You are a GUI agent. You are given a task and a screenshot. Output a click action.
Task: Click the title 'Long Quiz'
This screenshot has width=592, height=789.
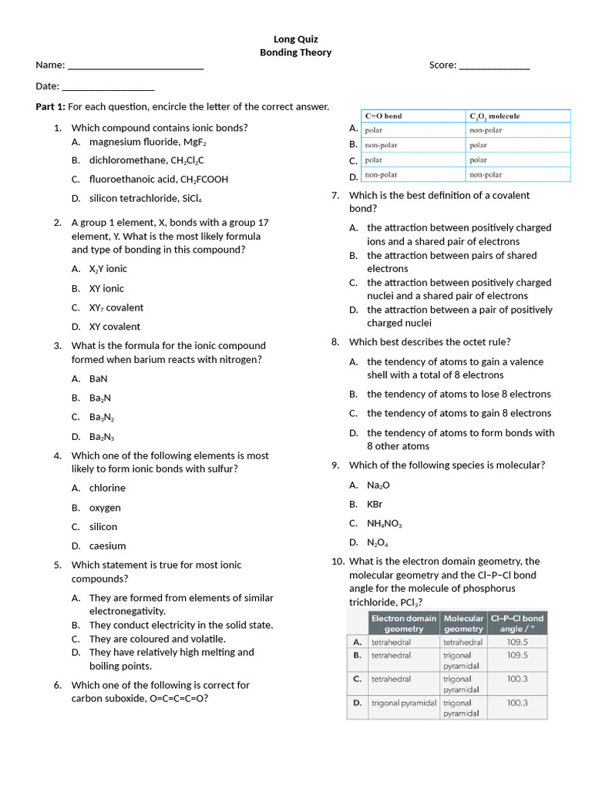(x=296, y=39)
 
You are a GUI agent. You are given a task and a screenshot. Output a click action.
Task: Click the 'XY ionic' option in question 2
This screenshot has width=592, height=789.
(x=106, y=288)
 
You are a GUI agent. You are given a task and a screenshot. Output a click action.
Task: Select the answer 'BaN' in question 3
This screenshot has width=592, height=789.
(x=99, y=378)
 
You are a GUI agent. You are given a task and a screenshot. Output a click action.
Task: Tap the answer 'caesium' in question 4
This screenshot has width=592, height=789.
(x=107, y=546)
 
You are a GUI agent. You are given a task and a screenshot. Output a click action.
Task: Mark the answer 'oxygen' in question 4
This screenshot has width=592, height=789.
(x=105, y=508)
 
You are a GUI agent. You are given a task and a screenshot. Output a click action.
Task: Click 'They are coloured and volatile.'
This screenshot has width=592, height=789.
(x=157, y=639)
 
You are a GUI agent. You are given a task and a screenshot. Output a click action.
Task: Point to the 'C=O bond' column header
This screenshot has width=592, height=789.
(x=384, y=116)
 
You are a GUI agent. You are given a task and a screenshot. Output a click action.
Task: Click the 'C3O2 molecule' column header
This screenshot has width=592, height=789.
(x=495, y=116)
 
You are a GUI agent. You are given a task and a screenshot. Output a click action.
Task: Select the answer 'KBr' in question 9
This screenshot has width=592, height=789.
(x=375, y=504)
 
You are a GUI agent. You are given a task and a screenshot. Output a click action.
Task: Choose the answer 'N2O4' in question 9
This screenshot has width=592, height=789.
(x=377, y=542)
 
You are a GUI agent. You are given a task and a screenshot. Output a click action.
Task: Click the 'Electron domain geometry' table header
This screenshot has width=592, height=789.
(x=404, y=623)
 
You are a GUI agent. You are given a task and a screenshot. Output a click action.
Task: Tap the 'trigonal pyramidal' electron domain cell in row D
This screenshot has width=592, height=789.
(x=404, y=703)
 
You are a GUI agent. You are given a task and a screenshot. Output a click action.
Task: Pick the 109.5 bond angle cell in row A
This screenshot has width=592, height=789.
(x=517, y=642)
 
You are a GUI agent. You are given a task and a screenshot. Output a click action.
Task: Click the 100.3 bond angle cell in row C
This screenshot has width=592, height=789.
(x=517, y=679)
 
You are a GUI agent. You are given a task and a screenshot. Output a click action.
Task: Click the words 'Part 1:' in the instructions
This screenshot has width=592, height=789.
(x=51, y=106)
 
